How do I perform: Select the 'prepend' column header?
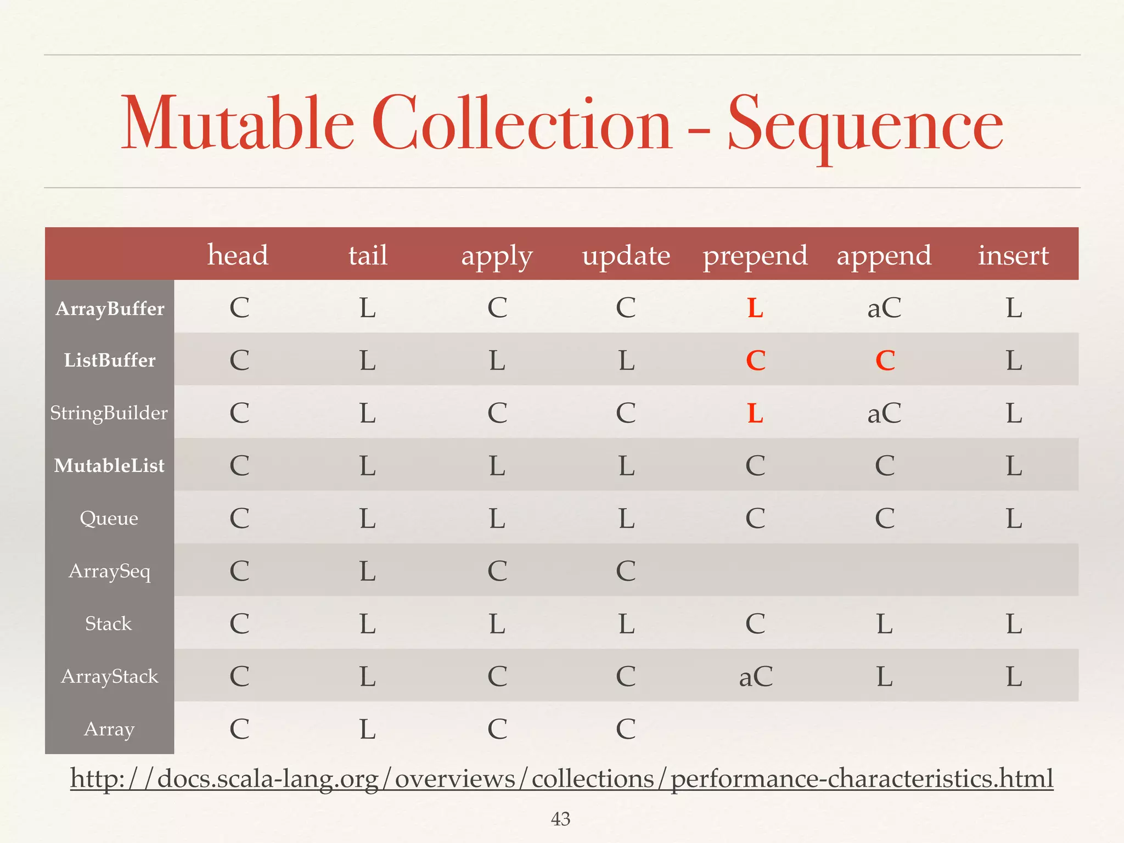point(755,256)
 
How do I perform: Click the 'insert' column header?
point(1013,255)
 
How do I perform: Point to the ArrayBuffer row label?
point(110,308)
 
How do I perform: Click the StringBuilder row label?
point(109,413)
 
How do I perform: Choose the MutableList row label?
point(109,465)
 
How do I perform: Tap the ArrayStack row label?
point(109,676)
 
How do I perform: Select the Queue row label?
point(109,518)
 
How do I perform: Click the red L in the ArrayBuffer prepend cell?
point(755,308)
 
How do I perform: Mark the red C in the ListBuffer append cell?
point(885,361)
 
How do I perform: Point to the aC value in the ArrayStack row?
point(755,677)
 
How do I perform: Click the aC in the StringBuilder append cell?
point(884,413)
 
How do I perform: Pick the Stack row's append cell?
point(884,624)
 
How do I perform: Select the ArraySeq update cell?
point(626,571)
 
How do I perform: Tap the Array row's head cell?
point(239,729)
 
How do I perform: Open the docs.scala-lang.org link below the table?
point(561,779)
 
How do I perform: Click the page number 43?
point(560,819)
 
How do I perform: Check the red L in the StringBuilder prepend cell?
point(755,413)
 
